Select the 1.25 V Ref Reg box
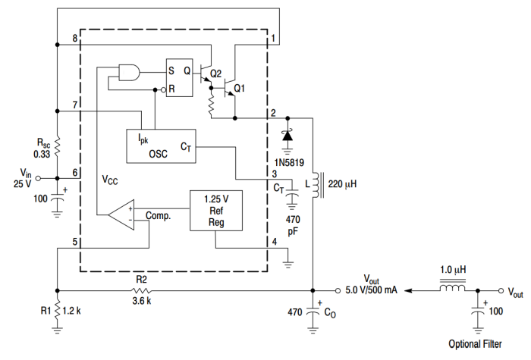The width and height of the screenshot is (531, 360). [x=216, y=210]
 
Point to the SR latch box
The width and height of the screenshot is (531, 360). [x=180, y=79]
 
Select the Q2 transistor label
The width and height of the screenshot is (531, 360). [x=215, y=74]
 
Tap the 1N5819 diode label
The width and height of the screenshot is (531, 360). [x=288, y=163]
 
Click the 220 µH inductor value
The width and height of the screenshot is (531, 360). [x=343, y=183]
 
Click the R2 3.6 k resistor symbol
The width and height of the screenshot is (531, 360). [x=141, y=290]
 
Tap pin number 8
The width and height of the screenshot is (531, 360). [x=74, y=39]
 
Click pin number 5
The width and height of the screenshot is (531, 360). [x=74, y=243]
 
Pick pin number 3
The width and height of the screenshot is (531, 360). [x=274, y=174]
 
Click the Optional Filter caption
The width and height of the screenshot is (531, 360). [x=474, y=343]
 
